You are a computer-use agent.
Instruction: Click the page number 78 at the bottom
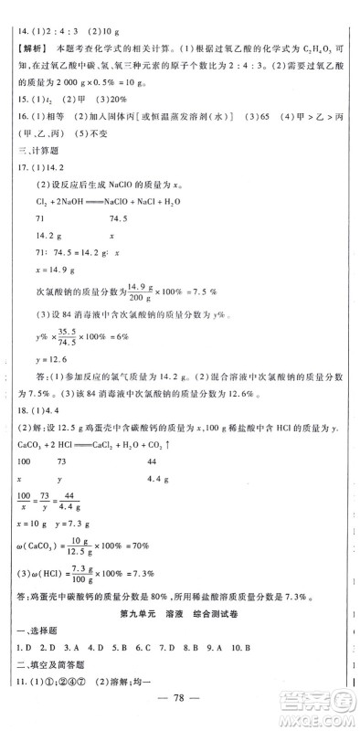[180, 706]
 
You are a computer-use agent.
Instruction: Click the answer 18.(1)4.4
[39, 409]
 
